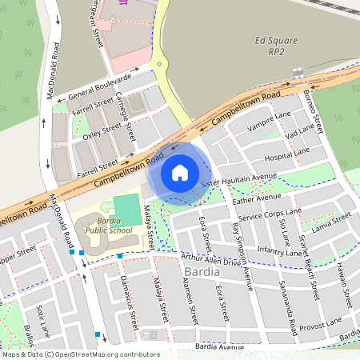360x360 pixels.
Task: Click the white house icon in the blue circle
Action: click(180, 171)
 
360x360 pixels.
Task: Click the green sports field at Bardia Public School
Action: click(126, 210)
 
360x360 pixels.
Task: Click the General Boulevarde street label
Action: click(99, 86)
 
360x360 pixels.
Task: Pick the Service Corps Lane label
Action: click(270, 214)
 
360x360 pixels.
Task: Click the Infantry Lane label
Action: click(279, 252)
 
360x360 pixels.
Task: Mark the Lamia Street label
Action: click(331, 222)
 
